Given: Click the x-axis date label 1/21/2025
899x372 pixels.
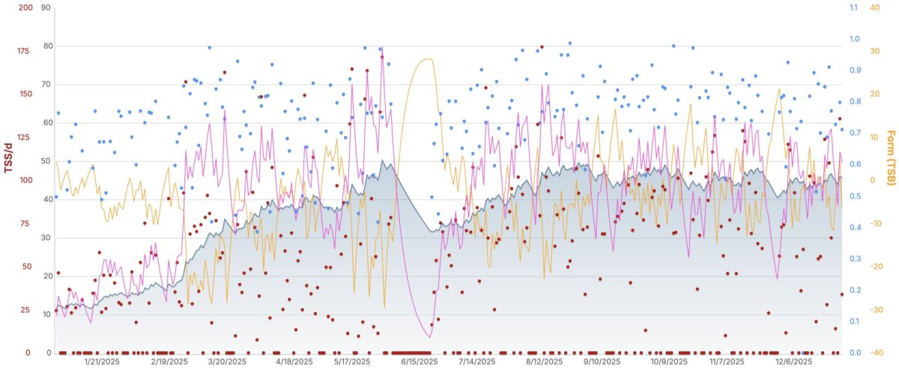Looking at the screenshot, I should [102, 362].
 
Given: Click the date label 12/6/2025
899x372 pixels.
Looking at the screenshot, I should [793, 362].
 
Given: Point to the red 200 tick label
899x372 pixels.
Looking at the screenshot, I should [25, 7].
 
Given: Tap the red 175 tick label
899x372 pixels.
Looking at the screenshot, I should [25, 51].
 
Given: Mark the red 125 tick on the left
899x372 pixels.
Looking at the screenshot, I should [25, 137].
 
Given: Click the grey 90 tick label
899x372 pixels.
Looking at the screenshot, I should [46, 7].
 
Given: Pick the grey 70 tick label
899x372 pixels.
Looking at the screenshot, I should [46, 85].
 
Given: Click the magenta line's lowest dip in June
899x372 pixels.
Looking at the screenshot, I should [429, 338].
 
